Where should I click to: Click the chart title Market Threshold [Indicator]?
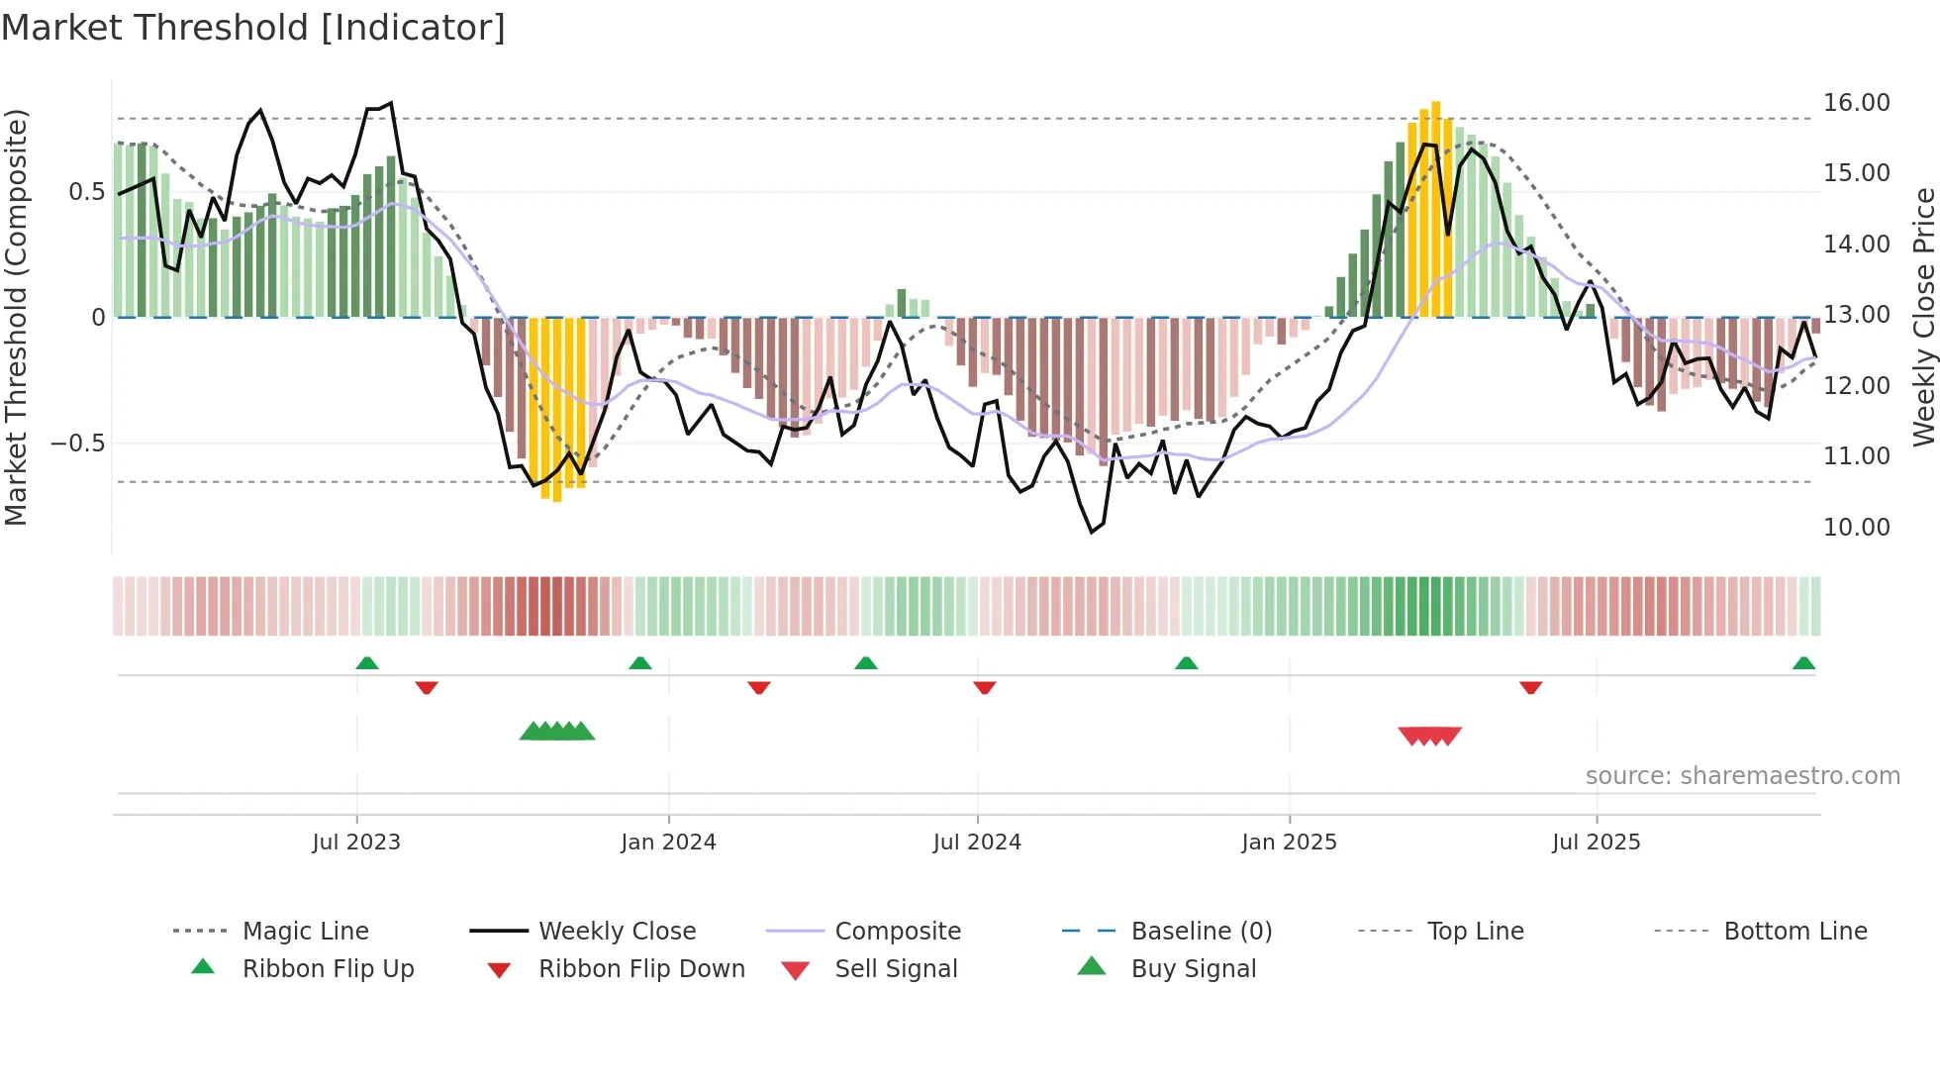pos(253,28)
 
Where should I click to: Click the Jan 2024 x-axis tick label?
pos(668,842)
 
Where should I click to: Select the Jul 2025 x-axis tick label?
pos(1596,842)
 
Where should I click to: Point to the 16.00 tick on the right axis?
pos(1856,103)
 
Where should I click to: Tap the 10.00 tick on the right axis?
pos(1856,527)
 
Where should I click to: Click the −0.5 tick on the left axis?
pos(77,443)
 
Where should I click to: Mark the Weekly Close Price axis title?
pos(1923,317)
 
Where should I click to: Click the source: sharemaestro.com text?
pos(1742,775)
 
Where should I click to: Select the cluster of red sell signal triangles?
pos(1429,736)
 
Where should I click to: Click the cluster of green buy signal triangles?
pos(557,732)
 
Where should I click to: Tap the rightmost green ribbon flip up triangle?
pos(1803,663)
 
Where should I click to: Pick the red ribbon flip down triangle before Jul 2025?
pos(1530,687)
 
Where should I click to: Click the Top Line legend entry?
pos(1475,931)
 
